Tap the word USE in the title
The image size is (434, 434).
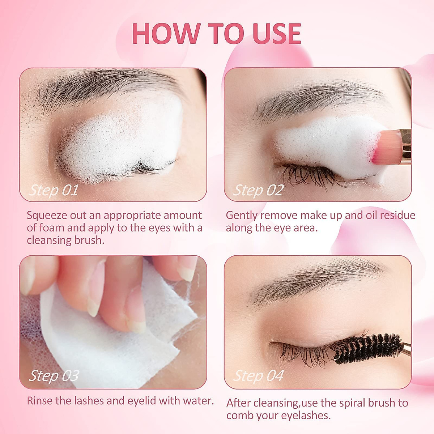(x=277, y=34)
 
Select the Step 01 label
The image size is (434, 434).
(x=54, y=190)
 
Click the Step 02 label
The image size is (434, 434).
(x=258, y=190)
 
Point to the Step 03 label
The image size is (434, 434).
(x=54, y=376)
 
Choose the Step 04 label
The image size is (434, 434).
(x=258, y=376)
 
